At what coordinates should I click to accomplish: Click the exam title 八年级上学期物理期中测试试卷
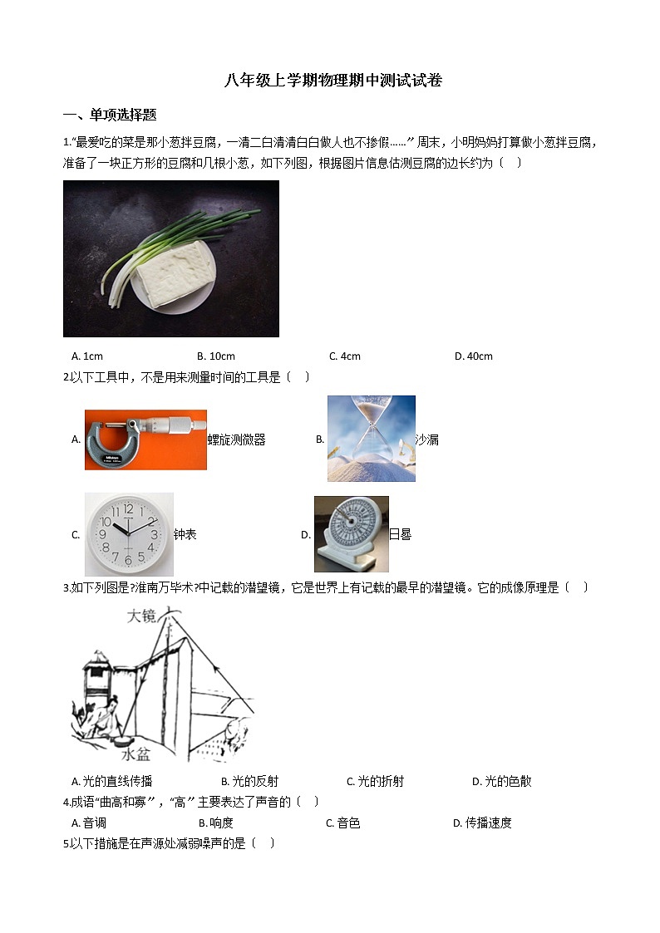click(x=333, y=81)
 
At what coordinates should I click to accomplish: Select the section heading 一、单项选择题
click(x=110, y=115)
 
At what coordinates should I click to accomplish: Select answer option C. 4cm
click(x=344, y=356)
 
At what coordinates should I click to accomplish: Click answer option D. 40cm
click(x=473, y=356)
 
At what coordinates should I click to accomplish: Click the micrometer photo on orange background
click(x=145, y=439)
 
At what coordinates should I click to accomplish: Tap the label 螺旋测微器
click(x=237, y=440)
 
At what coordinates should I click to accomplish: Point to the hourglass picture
click(x=371, y=439)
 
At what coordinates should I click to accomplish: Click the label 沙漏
click(x=427, y=440)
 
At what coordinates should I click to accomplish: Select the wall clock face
click(x=129, y=534)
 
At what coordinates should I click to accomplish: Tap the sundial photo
click(x=351, y=534)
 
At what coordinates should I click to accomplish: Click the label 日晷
click(x=401, y=535)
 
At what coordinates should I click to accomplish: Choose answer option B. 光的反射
click(x=249, y=781)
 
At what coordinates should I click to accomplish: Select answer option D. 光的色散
click(x=501, y=781)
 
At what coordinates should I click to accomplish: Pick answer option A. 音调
click(x=89, y=823)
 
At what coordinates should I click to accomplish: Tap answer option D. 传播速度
click(x=482, y=823)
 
